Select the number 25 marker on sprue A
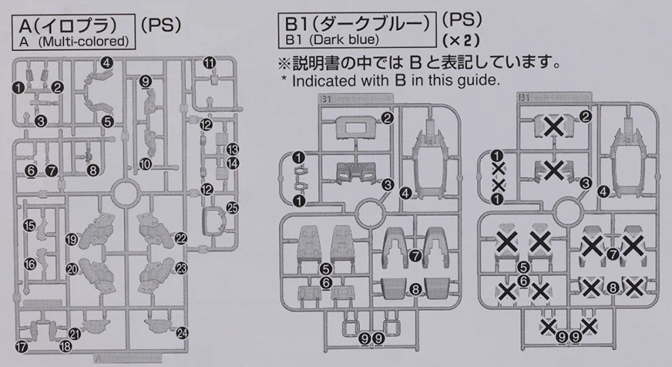pyautogui.click(x=232, y=208)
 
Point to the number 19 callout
pyautogui.click(x=71, y=239)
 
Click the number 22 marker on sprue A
pyautogui.click(x=181, y=238)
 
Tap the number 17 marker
pyautogui.click(x=22, y=348)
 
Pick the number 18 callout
pyautogui.click(x=66, y=347)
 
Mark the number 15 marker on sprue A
pyautogui.click(x=29, y=226)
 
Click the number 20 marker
pyautogui.click(x=72, y=269)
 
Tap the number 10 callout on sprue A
pyautogui.click(x=145, y=163)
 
